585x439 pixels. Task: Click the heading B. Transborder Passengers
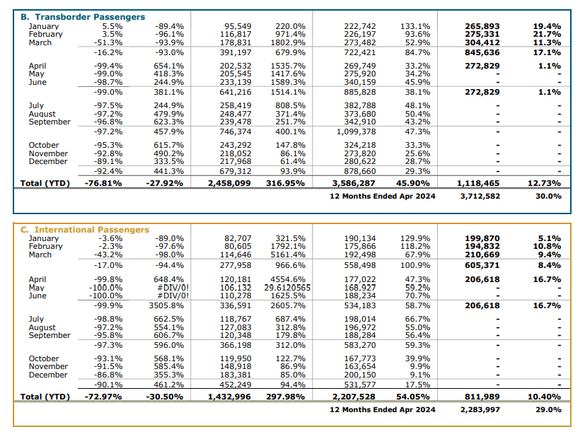coord(83,17)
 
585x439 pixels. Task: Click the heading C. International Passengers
coord(85,229)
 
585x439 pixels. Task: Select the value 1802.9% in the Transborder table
coord(288,42)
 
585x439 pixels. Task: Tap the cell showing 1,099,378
coord(356,131)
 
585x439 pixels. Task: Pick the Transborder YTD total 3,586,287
coord(354,183)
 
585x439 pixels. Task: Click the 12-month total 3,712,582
coord(480,197)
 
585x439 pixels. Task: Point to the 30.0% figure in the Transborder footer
coord(548,197)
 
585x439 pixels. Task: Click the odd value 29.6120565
coord(287,288)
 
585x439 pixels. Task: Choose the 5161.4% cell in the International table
coord(288,254)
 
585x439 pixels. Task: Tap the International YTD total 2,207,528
coord(354,397)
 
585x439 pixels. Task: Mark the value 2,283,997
coord(480,409)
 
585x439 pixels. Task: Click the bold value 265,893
coord(482,26)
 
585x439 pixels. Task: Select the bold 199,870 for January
coord(482,238)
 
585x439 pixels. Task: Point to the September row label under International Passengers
coord(50,335)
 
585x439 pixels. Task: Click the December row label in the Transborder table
coord(48,161)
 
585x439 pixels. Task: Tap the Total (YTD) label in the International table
coord(45,397)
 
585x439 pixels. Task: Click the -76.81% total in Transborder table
coord(103,183)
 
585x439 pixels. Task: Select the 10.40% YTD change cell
coord(544,397)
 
